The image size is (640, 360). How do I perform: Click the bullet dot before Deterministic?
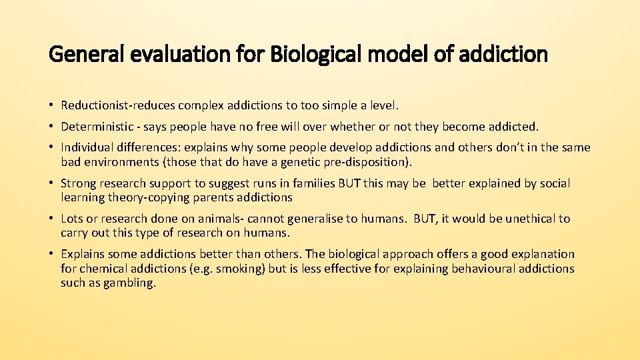pyautogui.click(x=51, y=127)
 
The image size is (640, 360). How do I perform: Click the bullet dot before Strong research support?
pyautogui.click(x=51, y=183)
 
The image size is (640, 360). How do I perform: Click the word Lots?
pyautogui.click(x=73, y=219)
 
